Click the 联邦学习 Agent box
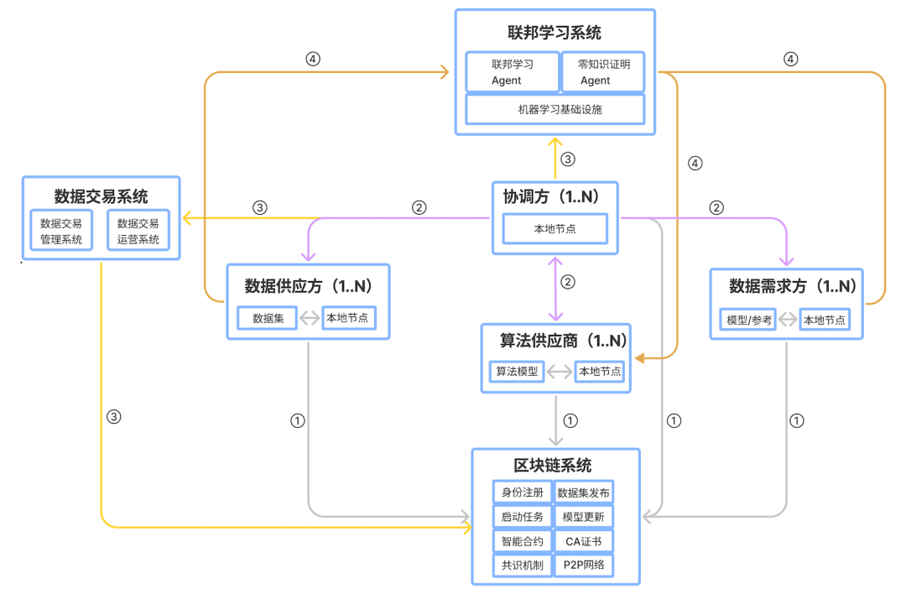click(x=512, y=72)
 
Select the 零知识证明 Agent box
click(x=601, y=72)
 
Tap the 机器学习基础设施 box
click(x=555, y=109)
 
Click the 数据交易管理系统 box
click(x=61, y=232)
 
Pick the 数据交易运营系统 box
click(x=138, y=232)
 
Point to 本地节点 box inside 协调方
click(x=555, y=228)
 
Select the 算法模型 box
click(x=516, y=371)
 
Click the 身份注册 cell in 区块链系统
click(x=522, y=492)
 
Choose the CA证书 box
click(x=584, y=541)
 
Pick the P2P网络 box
click(x=584, y=565)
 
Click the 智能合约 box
click(x=522, y=541)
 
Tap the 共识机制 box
click(x=522, y=565)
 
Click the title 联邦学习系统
click(x=555, y=34)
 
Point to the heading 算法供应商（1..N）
click(x=555, y=341)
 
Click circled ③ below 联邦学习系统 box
click(x=568, y=159)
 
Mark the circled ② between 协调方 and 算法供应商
click(x=568, y=282)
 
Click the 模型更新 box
click(x=584, y=516)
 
